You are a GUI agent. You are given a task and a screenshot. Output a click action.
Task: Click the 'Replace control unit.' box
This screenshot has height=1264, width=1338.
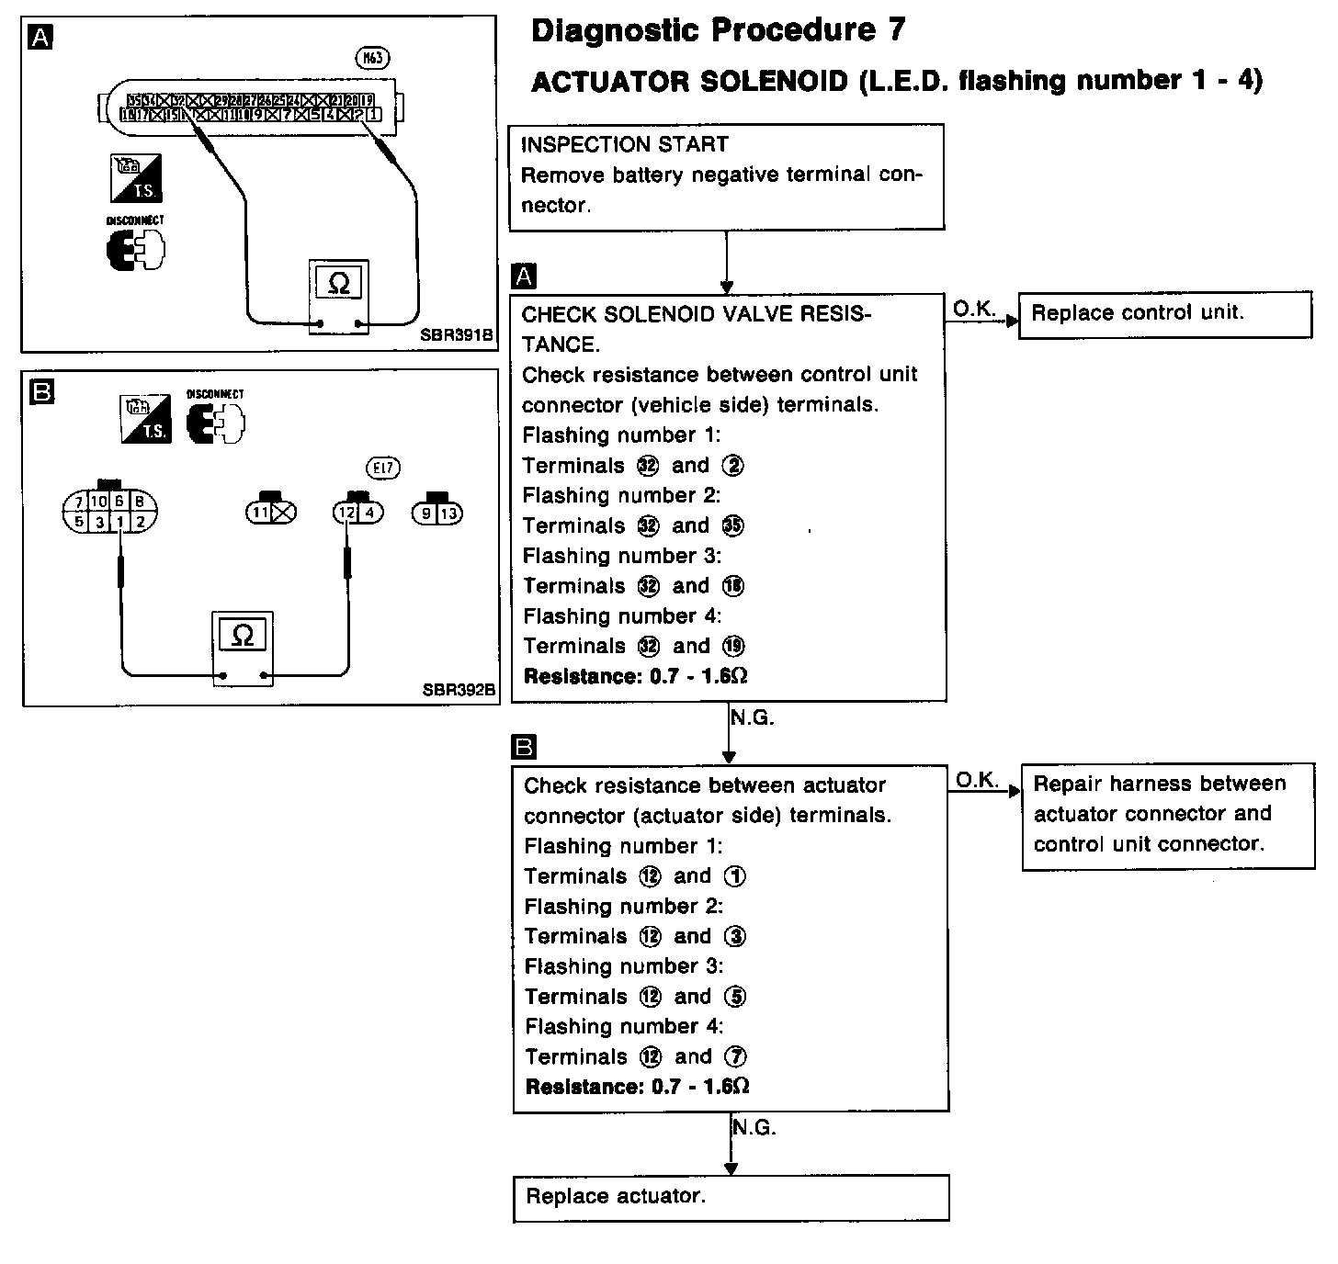1165,315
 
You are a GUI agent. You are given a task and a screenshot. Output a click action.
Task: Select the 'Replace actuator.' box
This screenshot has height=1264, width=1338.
731,1198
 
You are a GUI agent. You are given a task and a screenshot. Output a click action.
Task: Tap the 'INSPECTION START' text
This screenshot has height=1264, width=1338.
624,145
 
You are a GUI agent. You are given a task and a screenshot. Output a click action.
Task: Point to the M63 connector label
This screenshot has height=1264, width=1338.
373,58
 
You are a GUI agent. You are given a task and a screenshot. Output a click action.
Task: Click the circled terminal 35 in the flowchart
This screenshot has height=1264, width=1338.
733,526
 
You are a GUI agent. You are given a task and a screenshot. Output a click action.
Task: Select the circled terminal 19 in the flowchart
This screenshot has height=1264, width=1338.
733,647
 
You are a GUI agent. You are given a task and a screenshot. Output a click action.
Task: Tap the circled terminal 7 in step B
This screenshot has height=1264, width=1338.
736,1057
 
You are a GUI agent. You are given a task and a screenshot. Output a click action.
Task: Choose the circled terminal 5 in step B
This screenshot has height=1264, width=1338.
735,997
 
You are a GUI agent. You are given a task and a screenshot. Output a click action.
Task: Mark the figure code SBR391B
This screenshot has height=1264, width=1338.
458,336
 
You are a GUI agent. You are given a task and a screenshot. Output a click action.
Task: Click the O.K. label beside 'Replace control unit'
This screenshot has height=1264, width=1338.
974,310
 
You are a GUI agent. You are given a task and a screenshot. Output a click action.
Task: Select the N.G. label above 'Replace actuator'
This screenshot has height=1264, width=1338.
754,1128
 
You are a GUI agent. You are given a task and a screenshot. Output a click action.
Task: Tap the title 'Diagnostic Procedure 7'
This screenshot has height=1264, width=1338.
718,30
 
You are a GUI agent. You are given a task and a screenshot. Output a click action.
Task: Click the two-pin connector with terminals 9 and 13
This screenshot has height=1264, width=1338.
437,513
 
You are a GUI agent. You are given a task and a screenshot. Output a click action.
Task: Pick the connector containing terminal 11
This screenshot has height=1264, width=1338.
271,513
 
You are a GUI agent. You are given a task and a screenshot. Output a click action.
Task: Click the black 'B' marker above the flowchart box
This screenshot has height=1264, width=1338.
523,748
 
